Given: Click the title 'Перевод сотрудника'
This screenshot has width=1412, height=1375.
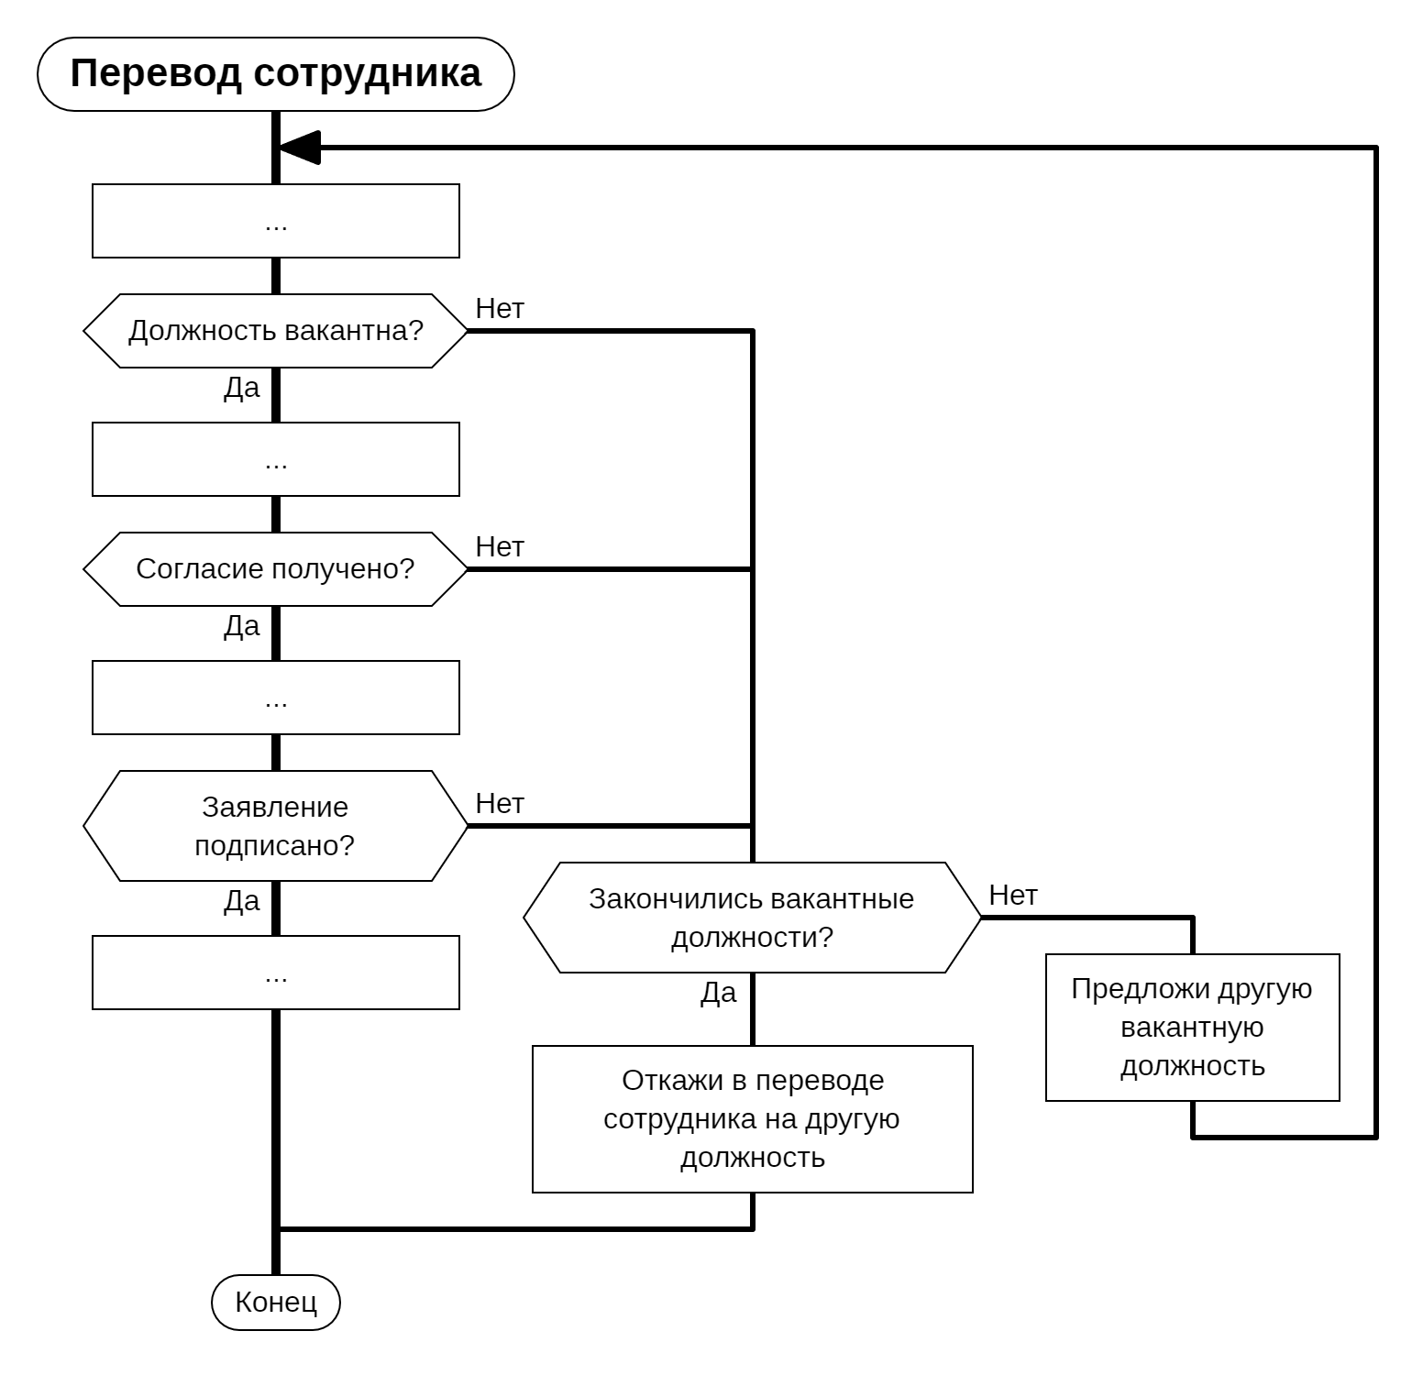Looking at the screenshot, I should [x=275, y=74].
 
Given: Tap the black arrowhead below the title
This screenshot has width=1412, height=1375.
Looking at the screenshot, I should [x=300, y=148].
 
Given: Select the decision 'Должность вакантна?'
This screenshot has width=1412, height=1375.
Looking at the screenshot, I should [x=275, y=331].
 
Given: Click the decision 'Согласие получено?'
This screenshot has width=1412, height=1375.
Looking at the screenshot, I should [x=275, y=569].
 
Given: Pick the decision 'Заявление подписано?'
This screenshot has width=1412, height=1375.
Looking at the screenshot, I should [x=275, y=826].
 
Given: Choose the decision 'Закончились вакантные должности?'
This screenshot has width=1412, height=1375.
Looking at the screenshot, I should [x=752, y=918].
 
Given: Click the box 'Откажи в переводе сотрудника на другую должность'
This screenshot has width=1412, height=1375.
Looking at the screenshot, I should [x=752, y=1119].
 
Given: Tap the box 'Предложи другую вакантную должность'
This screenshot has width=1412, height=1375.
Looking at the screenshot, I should [x=1192, y=1028].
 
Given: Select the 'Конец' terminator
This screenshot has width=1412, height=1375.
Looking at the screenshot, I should [x=275, y=1303].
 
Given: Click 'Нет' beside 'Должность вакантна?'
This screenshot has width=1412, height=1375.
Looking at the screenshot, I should [x=500, y=309].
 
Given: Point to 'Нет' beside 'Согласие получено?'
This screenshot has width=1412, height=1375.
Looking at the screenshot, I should [x=500, y=547].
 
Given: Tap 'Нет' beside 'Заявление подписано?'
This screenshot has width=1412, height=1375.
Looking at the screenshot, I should [x=500, y=804].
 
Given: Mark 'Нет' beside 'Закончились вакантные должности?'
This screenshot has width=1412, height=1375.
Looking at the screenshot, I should [x=1013, y=896].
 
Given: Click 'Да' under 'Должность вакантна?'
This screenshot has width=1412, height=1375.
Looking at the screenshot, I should [x=242, y=389].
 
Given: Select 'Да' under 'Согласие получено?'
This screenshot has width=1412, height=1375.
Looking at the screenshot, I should [x=242, y=627].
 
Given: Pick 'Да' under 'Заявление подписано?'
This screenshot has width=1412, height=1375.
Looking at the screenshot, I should [x=242, y=902].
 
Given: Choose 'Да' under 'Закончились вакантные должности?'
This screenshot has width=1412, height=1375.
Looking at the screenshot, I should [x=719, y=994].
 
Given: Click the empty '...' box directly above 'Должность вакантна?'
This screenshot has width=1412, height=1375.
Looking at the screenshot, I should [x=275, y=221].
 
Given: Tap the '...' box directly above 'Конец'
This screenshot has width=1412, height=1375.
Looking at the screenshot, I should [x=275, y=973].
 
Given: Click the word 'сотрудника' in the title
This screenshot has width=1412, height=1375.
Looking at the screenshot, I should [x=367, y=74].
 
